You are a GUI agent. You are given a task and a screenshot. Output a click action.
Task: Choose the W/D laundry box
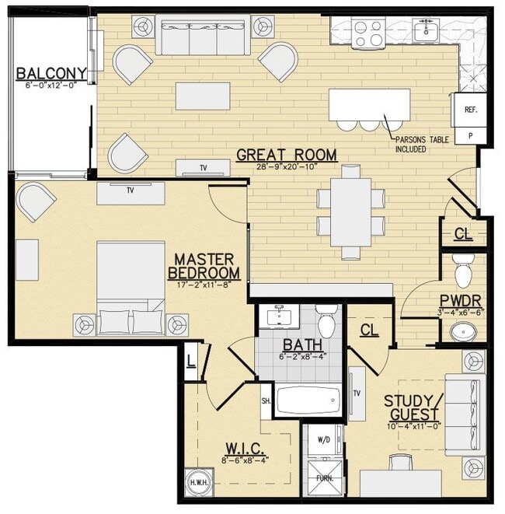click(x=322, y=439)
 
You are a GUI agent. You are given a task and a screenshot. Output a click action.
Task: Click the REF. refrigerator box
click(x=471, y=110)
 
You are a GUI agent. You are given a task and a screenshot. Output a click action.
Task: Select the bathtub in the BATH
click(x=308, y=400)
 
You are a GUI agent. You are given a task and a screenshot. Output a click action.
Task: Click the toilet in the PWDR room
click(x=463, y=270)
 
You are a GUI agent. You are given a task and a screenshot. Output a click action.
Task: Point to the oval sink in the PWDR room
click(x=465, y=332)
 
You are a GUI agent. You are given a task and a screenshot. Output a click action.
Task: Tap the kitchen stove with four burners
click(x=368, y=33)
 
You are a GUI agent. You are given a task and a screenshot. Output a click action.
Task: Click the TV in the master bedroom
click(x=130, y=193)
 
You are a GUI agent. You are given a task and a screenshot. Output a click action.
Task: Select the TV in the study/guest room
click(x=357, y=393)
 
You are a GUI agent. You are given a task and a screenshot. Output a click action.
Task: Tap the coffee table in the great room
click(x=203, y=96)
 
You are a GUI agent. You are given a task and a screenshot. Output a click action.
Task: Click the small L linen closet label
click(x=190, y=360)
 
